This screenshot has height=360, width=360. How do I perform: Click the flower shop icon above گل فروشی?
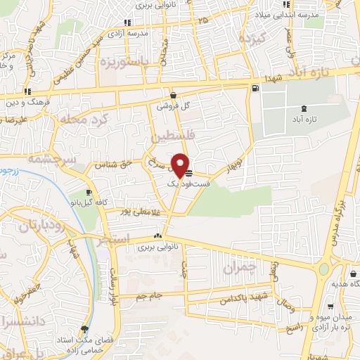(174, 96)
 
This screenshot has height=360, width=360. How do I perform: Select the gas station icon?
(254, 88)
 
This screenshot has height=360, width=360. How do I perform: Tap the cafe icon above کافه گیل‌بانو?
(89, 192)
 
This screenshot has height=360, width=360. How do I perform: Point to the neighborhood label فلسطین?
(167, 134)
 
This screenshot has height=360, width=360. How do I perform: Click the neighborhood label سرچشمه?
(51, 160)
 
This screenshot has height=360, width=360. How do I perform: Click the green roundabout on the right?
(324, 269)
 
